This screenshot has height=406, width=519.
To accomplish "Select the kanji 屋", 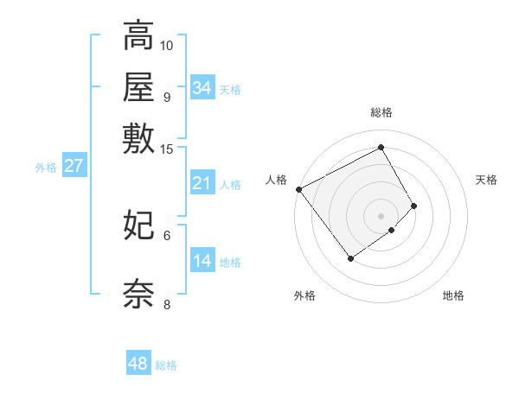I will point(138,87).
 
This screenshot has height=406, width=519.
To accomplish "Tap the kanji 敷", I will point(138,138).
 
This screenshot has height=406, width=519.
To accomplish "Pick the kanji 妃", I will point(138,225).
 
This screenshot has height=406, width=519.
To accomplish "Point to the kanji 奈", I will point(138,294).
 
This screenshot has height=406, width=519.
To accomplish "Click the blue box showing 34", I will point(202,88).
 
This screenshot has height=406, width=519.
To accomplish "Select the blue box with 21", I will point(202,183).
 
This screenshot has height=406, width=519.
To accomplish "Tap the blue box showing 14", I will point(202,262).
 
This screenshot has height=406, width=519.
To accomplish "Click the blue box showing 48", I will point(138,364).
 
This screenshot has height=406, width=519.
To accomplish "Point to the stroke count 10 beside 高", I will point(167,45).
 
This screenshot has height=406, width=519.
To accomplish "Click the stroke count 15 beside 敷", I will point(167,149).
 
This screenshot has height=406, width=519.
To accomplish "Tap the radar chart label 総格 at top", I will point(381,112).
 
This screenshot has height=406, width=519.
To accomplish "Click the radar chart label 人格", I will point(277,180).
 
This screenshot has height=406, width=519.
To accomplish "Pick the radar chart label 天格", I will point(486,180).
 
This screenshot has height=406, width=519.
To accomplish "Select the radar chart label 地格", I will point(453,295).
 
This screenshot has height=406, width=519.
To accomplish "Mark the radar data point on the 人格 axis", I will point(298,189).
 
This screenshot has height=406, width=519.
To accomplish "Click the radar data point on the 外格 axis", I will point(350,258).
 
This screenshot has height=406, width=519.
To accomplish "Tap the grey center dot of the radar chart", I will point(381,215).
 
